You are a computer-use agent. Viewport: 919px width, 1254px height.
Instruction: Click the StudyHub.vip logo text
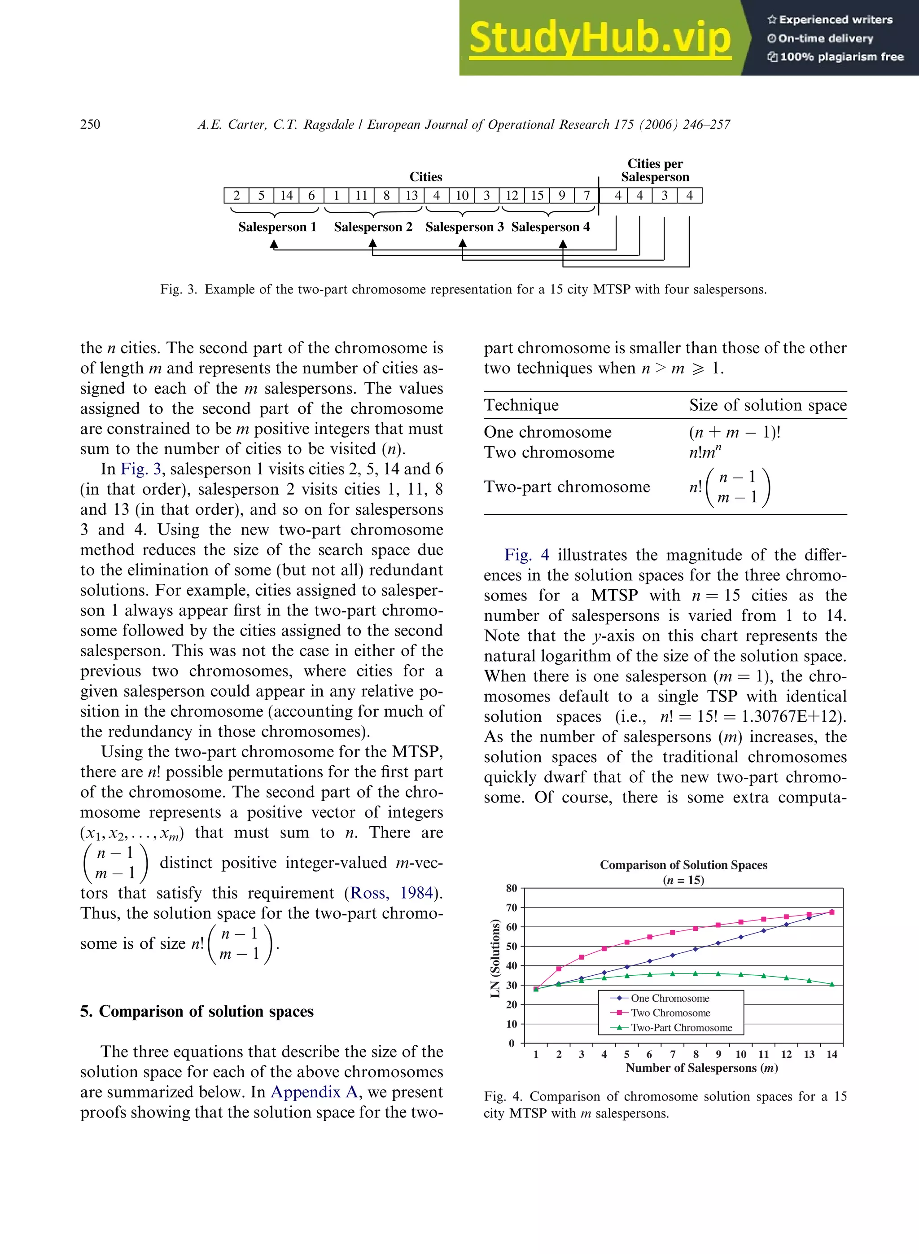[x=600, y=38]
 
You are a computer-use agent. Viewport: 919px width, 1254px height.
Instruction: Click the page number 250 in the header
[x=90, y=124]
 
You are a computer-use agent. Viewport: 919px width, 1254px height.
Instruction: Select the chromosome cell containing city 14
[x=286, y=195]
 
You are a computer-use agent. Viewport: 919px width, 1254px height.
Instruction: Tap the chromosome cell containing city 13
[x=411, y=195]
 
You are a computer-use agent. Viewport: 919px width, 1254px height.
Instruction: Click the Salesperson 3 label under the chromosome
[x=464, y=227]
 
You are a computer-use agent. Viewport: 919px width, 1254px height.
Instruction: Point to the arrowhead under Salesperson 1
[x=274, y=244]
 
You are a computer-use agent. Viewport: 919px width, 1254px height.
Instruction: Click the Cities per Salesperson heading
[x=655, y=170]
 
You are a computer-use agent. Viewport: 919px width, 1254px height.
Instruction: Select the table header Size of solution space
[x=768, y=405]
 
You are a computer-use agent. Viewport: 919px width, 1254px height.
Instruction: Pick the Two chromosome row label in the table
[x=549, y=452]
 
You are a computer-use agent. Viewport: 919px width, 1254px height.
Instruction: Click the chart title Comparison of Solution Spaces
[x=683, y=864]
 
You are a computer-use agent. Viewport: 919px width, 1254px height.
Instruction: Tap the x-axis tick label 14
[x=831, y=1054]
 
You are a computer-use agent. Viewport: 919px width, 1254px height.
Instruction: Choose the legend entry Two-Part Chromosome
[x=681, y=1027]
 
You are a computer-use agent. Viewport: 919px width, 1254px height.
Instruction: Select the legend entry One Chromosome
[x=670, y=998]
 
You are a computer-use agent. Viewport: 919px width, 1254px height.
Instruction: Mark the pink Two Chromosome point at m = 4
[x=604, y=948]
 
